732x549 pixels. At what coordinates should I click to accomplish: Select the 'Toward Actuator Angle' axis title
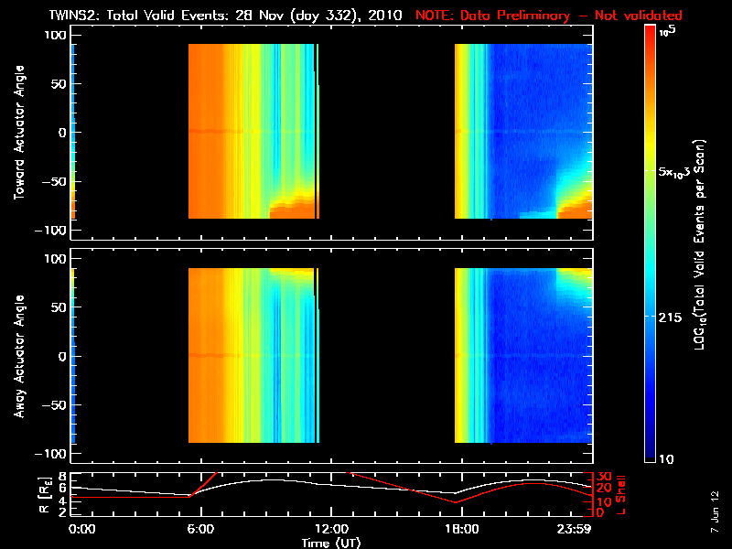[x=18, y=132]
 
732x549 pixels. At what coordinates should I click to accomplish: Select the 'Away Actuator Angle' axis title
[x=18, y=357]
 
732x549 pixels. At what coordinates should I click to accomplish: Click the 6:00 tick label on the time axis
[x=200, y=529]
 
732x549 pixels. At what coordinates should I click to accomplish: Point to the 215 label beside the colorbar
[x=673, y=316]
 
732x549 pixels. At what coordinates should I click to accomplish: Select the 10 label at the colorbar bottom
[x=669, y=457]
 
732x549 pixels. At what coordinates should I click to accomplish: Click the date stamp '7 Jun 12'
[x=716, y=507]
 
